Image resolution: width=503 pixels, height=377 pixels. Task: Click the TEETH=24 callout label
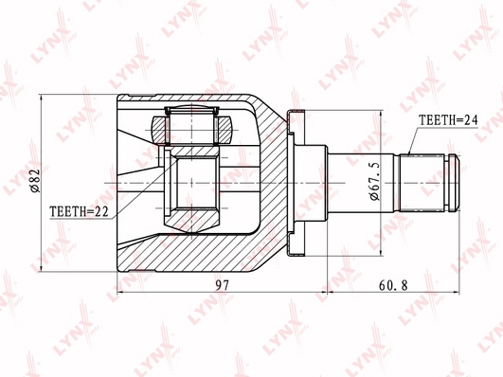point(448,120)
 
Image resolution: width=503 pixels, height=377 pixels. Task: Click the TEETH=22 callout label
point(80,211)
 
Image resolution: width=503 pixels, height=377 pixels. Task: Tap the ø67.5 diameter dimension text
point(374,181)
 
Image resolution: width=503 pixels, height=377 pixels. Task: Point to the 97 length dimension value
point(223,285)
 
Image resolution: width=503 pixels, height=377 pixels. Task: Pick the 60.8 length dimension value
point(393,285)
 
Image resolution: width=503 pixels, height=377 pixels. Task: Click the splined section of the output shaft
point(422,183)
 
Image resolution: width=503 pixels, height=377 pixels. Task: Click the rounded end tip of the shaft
point(455,183)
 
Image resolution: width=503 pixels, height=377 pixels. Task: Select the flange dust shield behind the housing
point(296,183)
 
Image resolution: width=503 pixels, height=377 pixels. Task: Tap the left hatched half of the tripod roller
point(159,131)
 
